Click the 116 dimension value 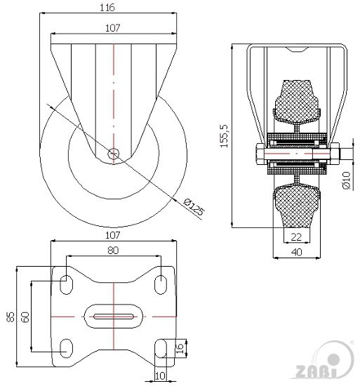click(x=107, y=8)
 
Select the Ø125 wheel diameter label click(x=194, y=207)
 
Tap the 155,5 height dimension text click(x=225, y=136)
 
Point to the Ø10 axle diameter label click(x=346, y=180)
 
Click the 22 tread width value click(x=296, y=237)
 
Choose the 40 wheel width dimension click(x=297, y=252)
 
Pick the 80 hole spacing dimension click(x=113, y=251)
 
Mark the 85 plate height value click(x=11, y=317)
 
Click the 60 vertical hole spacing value click(x=25, y=317)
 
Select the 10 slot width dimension click(x=160, y=375)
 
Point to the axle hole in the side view click(x=114, y=154)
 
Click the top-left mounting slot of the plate click(x=67, y=284)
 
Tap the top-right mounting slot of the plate click(x=161, y=284)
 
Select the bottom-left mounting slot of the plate click(x=67, y=348)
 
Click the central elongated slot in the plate click(x=114, y=317)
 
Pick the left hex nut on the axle click(x=260, y=154)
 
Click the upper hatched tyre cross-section click(x=297, y=102)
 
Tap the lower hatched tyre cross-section click(x=297, y=206)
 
